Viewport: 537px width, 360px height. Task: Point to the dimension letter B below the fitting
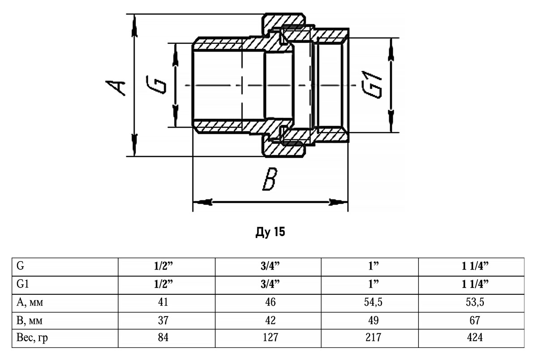pyautogui.click(x=270, y=180)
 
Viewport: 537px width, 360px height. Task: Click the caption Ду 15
pyautogui.click(x=269, y=233)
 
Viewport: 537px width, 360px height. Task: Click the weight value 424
pyautogui.click(x=472, y=338)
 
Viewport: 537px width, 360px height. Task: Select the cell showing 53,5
pyautogui.click(x=472, y=302)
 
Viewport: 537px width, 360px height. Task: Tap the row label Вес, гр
pyautogui.click(x=32, y=338)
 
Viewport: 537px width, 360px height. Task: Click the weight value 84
pyautogui.click(x=163, y=338)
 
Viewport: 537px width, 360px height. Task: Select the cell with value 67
pyautogui.click(x=472, y=320)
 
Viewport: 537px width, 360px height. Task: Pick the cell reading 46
pyautogui.click(x=270, y=302)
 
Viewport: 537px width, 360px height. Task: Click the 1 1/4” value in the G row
pyautogui.click(x=472, y=266)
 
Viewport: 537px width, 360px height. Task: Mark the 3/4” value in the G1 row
pyautogui.click(x=270, y=284)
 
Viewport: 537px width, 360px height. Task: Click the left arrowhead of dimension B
pyautogui.click(x=201, y=202)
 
